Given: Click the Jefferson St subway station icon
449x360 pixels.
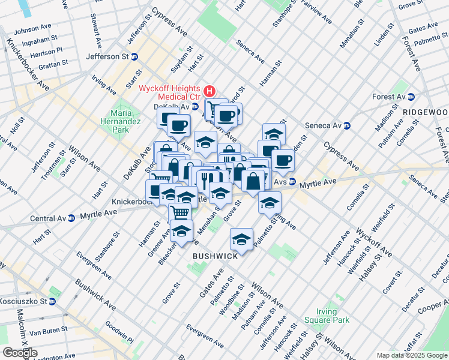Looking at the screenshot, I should (x=134, y=56).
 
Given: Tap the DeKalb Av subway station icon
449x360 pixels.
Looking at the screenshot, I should (x=196, y=106).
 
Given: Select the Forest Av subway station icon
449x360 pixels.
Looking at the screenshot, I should (x=411, y=97).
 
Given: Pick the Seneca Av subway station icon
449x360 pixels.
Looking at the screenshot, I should (x=354, y=125).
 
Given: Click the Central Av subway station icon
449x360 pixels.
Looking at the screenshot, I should (x=71, y=218).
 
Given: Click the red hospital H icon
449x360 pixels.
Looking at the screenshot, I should (x=209, y=91).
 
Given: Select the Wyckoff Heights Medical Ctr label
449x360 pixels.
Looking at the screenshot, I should (x=169, y=92).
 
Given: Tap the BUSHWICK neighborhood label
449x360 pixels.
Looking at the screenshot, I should (x=215, y=256).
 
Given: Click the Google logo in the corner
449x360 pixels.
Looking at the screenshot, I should (x=20, y=352).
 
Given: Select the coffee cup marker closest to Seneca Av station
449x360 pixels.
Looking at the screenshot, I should (x=283, y=160).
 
